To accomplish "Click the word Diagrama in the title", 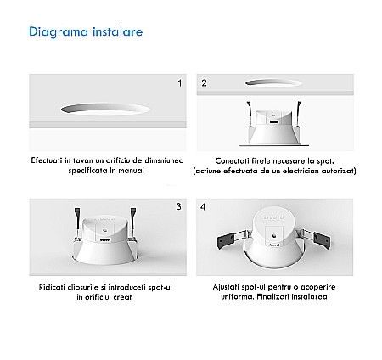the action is click(x=59, y=32).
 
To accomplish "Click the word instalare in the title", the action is click(x=117, y=31).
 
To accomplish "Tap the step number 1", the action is click(x=179, y=83).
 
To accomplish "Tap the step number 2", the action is click(x=204, y=83).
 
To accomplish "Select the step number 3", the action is click(x=178, y=206).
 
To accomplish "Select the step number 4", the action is click(x=203, y=207).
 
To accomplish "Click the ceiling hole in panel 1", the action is click(x=105, y=109).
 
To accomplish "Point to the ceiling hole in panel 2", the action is click(x=273, y=82).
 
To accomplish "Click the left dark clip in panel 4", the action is click(x=226, y=241).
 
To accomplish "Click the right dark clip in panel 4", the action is click(x=322, y=239).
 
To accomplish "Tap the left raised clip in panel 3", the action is click(x=77, y=223).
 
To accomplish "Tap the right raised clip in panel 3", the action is click(x=132, y=222).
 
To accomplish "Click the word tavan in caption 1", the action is click(x=83, y=160).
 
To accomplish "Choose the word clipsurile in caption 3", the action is click(x=82, y=287).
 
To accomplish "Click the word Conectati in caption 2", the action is click(x=233, y=160).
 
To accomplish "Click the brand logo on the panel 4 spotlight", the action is click(x=273, y=217).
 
